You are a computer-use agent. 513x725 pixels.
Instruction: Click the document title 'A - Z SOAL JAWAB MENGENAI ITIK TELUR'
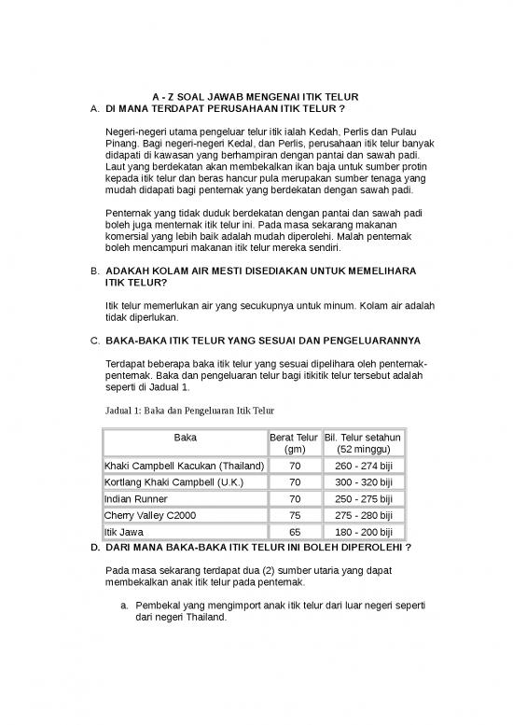(x=256, y=98)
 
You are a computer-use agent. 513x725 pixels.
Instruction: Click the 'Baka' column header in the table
(x=185, y=437)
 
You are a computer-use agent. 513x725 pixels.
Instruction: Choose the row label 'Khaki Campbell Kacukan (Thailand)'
(x=184, y=465)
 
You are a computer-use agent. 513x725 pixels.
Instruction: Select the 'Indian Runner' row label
(x=136, y=498)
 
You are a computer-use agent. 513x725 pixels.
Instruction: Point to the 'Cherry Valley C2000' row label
(x=150, y=515)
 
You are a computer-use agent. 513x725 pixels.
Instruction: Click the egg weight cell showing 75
(x=295, y=515)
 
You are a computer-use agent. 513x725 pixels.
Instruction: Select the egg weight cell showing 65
(x=295, y=532)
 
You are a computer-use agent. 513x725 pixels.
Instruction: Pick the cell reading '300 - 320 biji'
(x=362, y=481)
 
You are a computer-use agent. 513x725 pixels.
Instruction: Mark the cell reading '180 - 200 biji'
(x=362, y=532)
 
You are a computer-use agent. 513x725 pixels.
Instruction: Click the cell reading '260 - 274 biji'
(x=362, y=465)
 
